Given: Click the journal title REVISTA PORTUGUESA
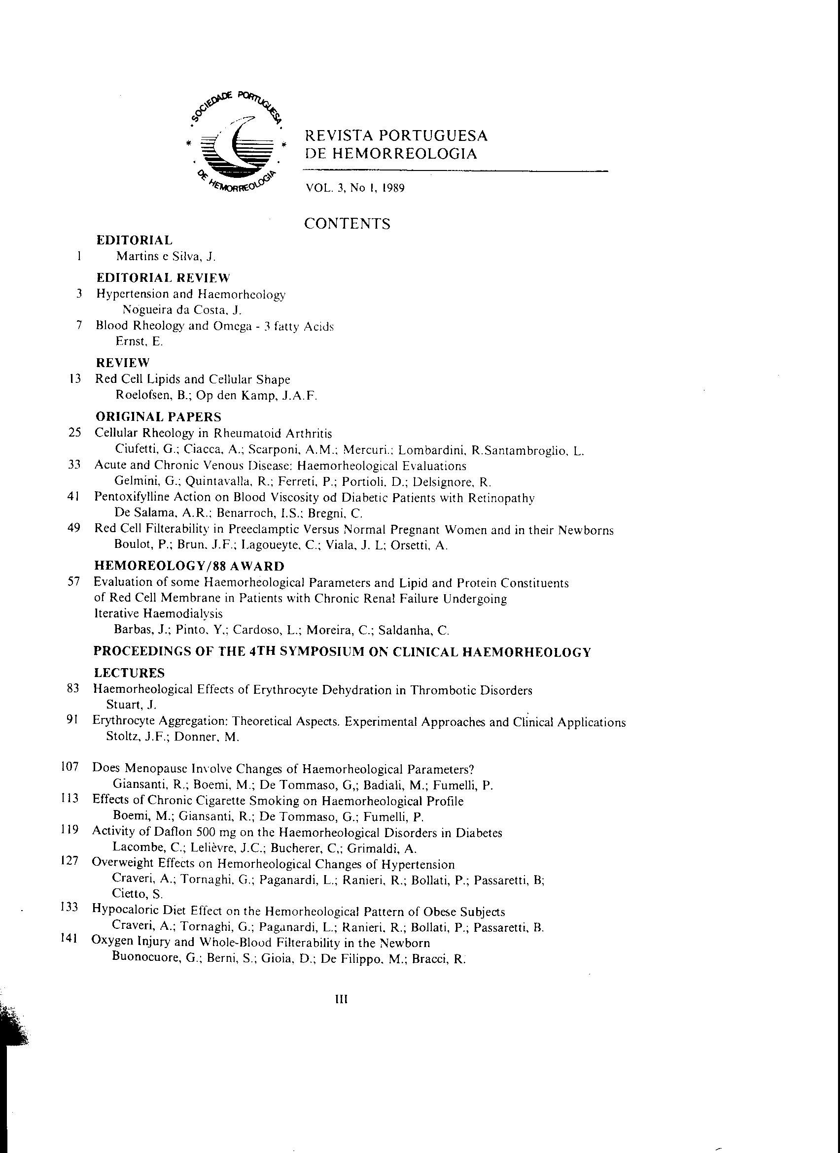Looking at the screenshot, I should click(395, 136).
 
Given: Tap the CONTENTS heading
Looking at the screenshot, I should click(347, 224).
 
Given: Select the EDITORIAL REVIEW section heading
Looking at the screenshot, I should click(163, 277).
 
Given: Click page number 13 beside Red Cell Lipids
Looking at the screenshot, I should click(75, 379).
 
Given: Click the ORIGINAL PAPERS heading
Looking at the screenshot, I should click(158, 417).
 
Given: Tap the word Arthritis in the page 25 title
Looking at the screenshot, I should click(309, 434).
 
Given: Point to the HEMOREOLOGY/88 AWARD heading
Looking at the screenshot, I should click(189, 566).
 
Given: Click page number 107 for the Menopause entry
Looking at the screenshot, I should click(70, 767).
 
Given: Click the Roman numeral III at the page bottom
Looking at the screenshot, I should click(341, 999).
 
